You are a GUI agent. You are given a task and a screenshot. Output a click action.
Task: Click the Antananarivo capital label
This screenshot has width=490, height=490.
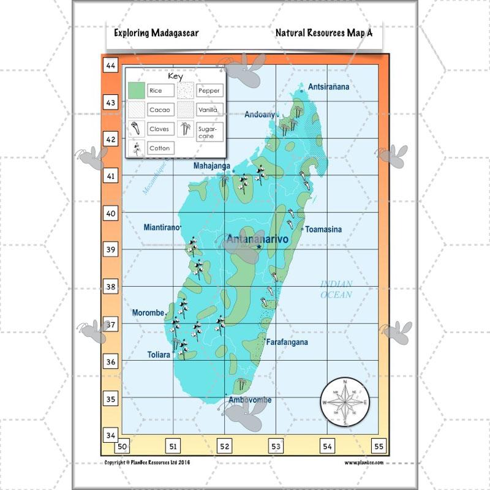258,239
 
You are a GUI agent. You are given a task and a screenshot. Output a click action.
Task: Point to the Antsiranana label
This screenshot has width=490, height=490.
329,87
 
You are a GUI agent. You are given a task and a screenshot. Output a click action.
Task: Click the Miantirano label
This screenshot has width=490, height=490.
162,227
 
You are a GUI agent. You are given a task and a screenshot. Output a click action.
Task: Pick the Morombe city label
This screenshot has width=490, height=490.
148,313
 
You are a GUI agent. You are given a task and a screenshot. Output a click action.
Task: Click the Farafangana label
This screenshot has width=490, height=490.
287,342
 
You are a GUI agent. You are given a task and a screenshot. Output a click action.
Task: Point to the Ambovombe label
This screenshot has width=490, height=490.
249,400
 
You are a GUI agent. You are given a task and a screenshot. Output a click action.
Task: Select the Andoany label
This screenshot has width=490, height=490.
260,115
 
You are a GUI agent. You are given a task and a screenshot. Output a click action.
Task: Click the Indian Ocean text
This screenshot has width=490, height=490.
337,289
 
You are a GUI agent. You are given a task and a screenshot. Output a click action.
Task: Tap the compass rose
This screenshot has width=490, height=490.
344,402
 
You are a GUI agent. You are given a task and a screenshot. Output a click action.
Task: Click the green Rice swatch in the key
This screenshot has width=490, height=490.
137,91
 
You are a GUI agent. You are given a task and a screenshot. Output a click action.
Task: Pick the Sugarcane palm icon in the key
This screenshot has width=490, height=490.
186,129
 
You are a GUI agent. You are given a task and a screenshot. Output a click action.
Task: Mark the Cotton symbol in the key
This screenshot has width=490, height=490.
136,148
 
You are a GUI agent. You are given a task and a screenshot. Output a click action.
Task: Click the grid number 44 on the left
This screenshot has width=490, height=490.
111,66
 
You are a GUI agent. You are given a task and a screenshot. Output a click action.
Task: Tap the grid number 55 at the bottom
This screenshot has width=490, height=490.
380,447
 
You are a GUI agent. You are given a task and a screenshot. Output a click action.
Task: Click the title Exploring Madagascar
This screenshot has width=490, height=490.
156,33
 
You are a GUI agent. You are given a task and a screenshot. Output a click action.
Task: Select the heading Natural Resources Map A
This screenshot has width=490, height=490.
323,33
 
